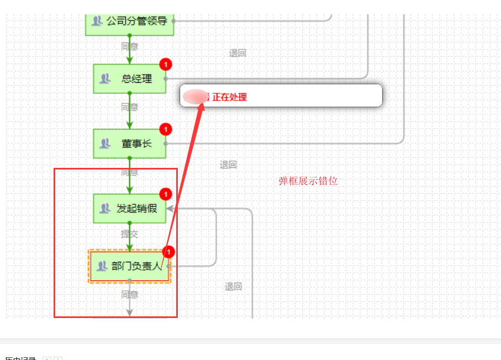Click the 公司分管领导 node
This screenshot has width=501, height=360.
[x=130, y=22]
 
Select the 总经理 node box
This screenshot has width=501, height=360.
[x=129, y=79]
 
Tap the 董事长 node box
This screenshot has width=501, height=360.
[x=129, y=144]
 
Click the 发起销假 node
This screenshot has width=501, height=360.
[x=129, y=209]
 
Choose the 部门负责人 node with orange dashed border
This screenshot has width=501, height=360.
[x=129, y=266]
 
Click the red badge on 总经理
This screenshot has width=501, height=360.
[x=166, y=65]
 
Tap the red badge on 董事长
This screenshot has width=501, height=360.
[x=166, y=129]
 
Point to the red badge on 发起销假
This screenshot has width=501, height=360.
[x=166, y=194]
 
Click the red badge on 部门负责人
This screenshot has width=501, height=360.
[x=169, y=252]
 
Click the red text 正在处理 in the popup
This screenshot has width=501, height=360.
[x=230, y=97]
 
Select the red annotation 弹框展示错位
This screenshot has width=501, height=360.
[x=308, y=181]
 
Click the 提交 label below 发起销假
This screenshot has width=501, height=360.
[x=130, y=234]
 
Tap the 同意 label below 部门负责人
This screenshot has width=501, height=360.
[x=130, y=294]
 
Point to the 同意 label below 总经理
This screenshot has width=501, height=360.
[x=130, y=107]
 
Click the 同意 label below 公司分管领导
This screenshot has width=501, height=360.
[x=130, y=46]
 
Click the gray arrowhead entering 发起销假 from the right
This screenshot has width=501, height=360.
[x=171, y=209]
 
